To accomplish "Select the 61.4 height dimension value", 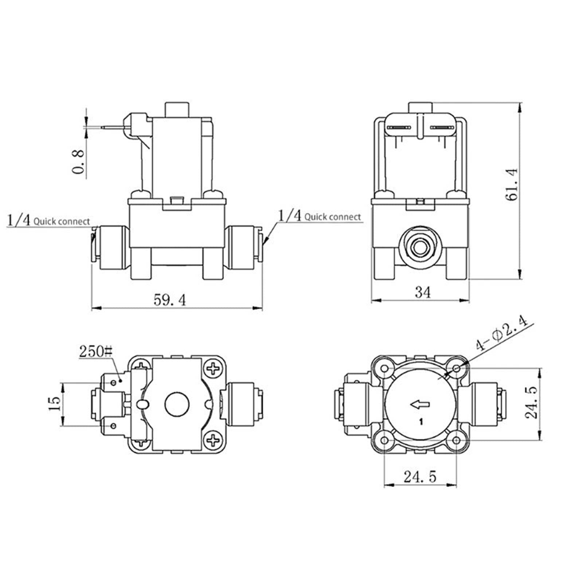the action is coord(513,185).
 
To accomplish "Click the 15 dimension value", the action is coord(54,403).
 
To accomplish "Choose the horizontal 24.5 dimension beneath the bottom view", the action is coord(420,477).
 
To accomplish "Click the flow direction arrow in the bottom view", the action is coord(420,404).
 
